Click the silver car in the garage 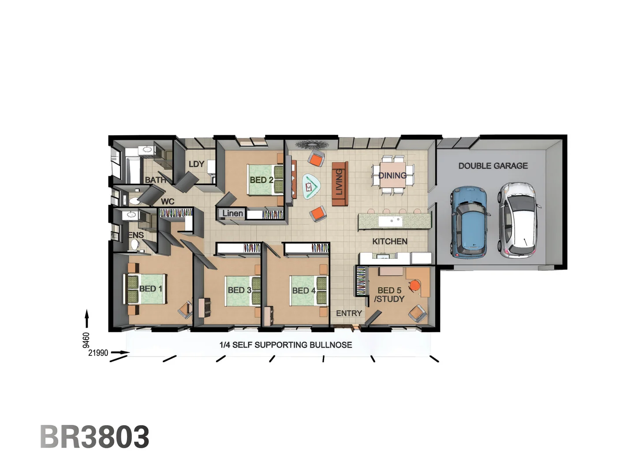coord(518,220)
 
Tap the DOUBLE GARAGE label coord(493,166)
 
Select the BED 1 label coord(150,289)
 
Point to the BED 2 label coord(261,180)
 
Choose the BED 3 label coord(239,290)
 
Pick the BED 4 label coord(304,290)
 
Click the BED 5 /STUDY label coord(389,294)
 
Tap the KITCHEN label coord(389,241)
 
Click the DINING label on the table coord(392,175)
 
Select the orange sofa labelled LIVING coord(340,183)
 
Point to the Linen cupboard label coord(232,213)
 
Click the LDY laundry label coord(196,164)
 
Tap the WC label coord(168,201)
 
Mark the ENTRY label coord(349,313)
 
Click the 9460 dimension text coord(86,340)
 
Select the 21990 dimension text coord(98,353)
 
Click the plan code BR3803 coord(95,437)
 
